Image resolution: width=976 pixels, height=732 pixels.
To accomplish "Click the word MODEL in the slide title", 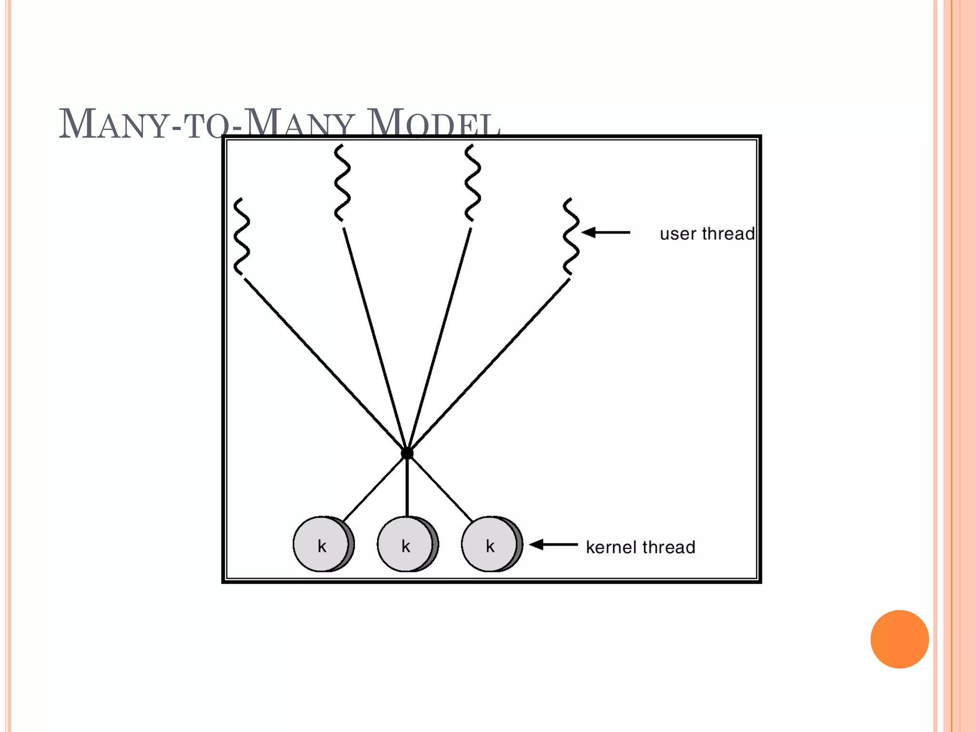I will click(x=434, y=124).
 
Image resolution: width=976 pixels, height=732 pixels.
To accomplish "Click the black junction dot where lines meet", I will click(x=407, y=453).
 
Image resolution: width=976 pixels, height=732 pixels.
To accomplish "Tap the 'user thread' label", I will click(x=707, y=234).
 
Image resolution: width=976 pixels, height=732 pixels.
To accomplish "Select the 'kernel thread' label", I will click(x=640, y=547).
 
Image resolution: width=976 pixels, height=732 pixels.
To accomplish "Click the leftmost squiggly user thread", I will click(x=242, y=236).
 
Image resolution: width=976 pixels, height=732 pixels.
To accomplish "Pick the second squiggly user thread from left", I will click(x=342, y=183).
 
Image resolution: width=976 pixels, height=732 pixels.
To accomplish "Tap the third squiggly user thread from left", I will click(x=472, y=183).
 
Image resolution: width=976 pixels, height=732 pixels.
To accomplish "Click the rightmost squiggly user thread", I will click(x=571, y=236).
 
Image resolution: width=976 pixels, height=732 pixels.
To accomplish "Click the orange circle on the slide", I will click(x=899, y=639).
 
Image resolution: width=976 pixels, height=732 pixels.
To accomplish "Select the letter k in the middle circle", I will click(x=406, y=546).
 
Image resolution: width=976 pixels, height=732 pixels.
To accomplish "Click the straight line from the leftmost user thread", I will click(x=324, y=365).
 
